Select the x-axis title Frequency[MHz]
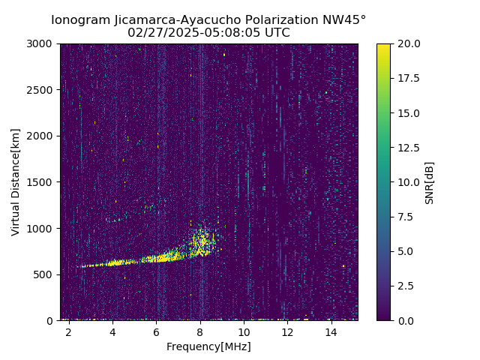208,346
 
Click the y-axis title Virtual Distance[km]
16,181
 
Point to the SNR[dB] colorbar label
430,182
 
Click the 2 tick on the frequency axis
68,332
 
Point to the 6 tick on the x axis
156,332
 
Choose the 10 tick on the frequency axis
244,332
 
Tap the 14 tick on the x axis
331,332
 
